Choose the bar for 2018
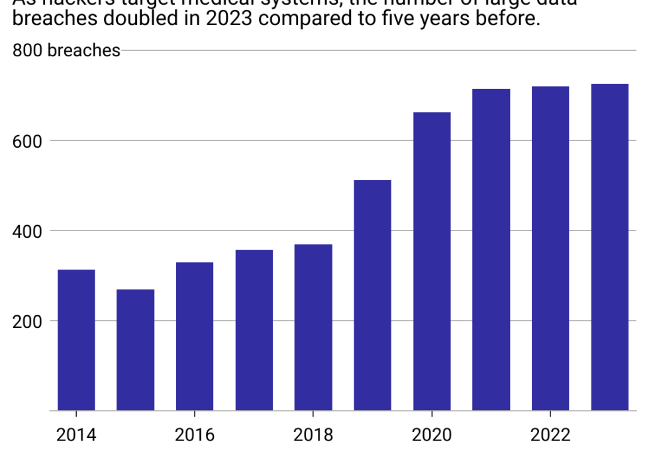pyautogui.click(x=313, y=327)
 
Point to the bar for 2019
pyautogui.click(x=372, y=295)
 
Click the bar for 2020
pyautogui.click(x=432, y=262)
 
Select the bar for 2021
pyautogui.click(x=491, y=250)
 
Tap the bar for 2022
pyautogui.click(x=550, y=248)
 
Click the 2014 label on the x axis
pyautogui.click(x=76, y=435)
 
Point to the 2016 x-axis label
pyautogui.click(x=195, y=435)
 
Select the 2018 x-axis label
pyautogui.click(x=313, y=435)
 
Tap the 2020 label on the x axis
pyautogui.click(x=432, y=435)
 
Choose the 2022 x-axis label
pyautogui.click(x=550, y=435)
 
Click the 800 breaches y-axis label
pyautogui.click(x=66, y=50)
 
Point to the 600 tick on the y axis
pyautogui.click(x=26, y=141)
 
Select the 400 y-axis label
pyautogui.click(x=26, y=231)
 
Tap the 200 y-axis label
pyautogui.click(x=26, y=321)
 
